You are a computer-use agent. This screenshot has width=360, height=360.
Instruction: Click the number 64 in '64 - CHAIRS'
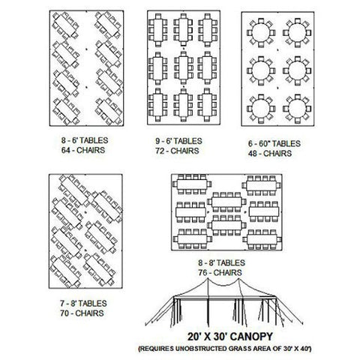[x=65, y=151]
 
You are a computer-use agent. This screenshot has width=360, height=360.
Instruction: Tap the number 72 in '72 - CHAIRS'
[x=160, y=151]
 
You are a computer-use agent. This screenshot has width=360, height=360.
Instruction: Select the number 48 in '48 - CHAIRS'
[x=253, y=154]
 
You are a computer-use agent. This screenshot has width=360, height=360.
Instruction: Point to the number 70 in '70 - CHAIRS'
[x=64, y=313]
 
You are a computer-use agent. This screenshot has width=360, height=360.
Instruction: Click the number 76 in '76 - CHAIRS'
[x=202, y=273]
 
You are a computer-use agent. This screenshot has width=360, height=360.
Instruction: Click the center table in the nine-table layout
[x=184, y=68]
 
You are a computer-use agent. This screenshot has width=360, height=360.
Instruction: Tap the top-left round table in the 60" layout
[x=261, y=33]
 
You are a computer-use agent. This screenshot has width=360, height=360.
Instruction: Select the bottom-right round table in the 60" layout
[x=298, y=109]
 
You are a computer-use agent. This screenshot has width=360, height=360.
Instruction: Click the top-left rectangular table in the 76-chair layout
[x=192, y=184]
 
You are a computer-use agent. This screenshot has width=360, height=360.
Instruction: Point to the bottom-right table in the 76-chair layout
[x=262, y=239]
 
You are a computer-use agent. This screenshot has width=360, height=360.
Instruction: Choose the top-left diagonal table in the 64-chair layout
[x=65, y=25]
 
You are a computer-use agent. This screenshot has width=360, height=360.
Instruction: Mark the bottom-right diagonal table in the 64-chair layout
[x=109, y=112]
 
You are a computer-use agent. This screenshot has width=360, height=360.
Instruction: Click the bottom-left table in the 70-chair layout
[x=65, y=271]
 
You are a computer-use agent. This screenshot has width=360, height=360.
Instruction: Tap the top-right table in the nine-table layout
[x=208, y=30]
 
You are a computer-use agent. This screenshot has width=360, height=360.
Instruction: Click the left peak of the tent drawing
[x=208, y=279]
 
